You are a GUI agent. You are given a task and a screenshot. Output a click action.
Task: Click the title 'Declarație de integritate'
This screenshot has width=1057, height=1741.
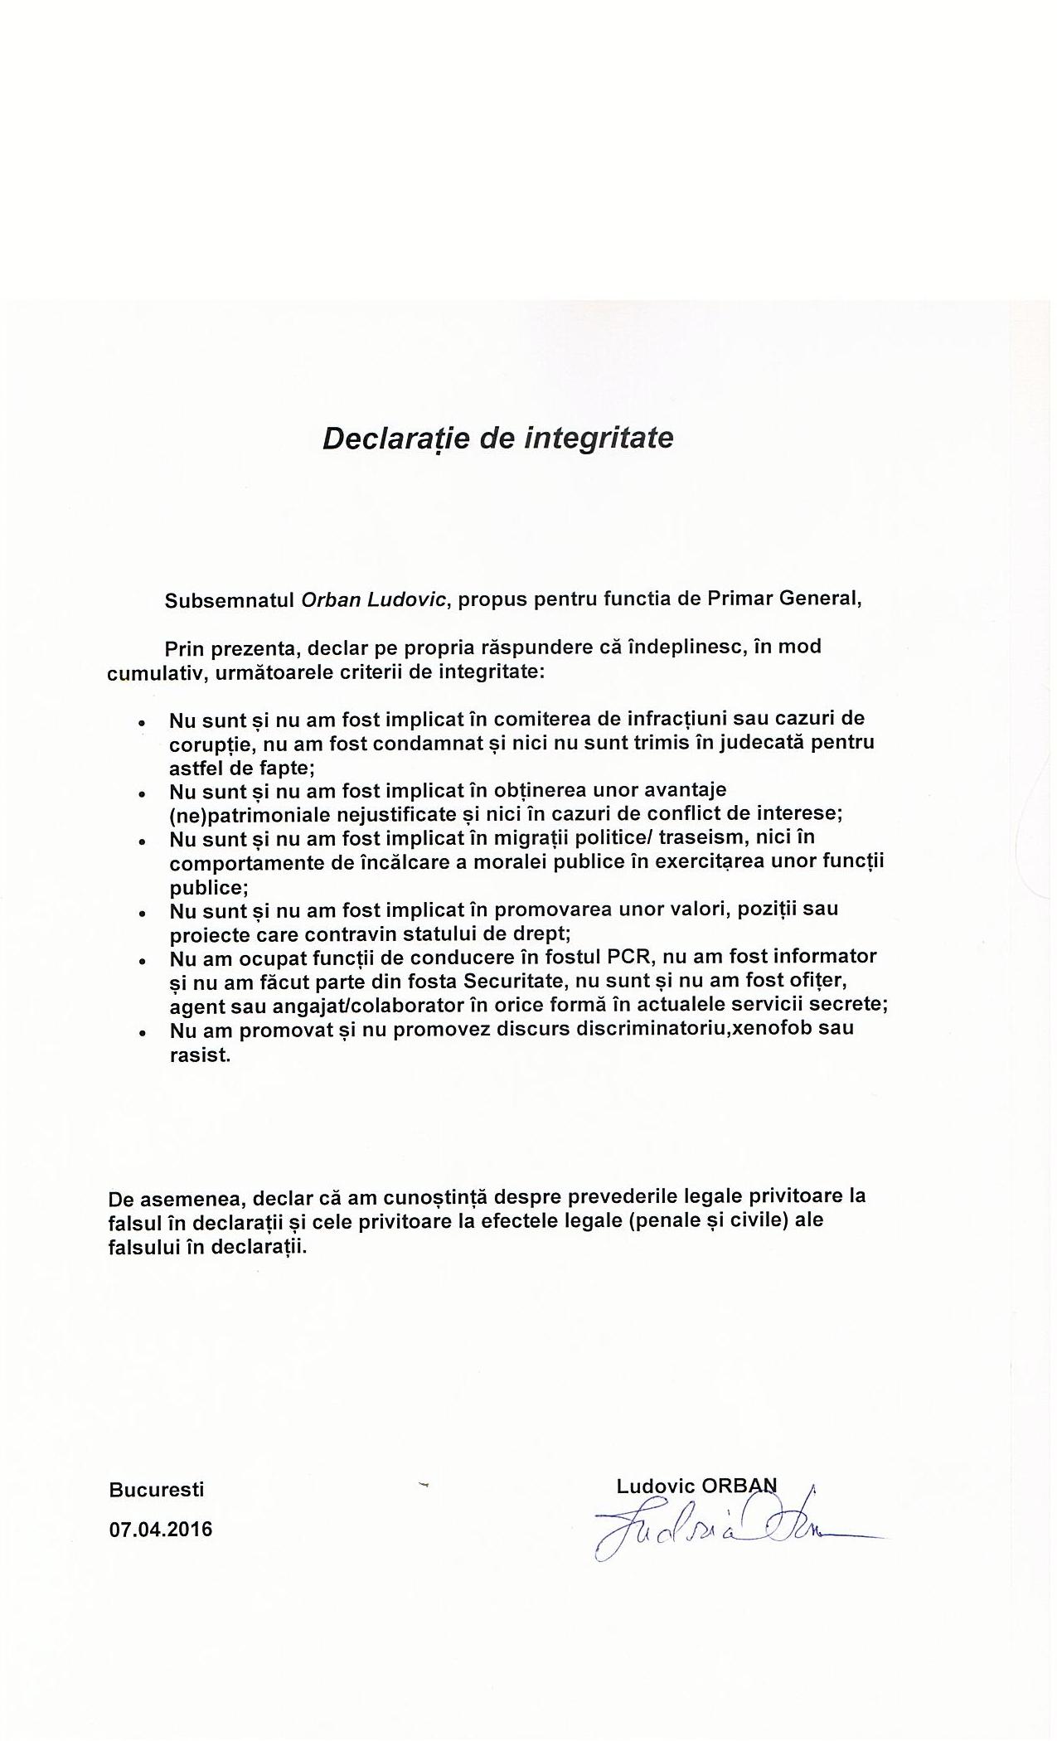(497, 437)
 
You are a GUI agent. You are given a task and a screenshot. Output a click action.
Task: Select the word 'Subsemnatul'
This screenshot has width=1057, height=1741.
(230, 600)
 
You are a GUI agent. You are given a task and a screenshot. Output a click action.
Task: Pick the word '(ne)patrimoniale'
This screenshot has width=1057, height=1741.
(236, 815)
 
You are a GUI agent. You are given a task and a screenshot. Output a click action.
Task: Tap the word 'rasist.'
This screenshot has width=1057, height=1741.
(199, 1055)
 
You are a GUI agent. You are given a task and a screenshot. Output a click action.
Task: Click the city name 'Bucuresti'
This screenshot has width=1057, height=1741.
(156, 1489)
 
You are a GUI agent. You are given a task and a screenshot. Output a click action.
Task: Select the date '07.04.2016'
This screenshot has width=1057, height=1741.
(160, 1530)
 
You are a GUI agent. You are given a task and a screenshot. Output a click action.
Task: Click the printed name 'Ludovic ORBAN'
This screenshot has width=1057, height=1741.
(696, 1486)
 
